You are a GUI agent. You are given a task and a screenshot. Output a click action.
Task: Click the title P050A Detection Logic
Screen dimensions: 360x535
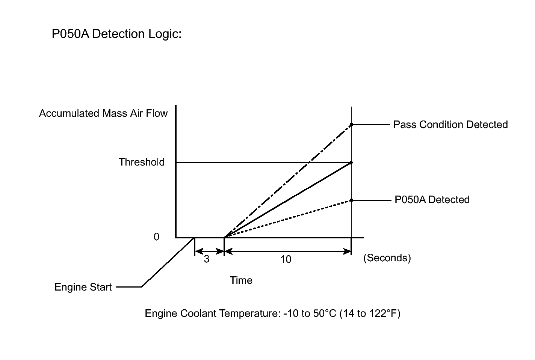point(116,34)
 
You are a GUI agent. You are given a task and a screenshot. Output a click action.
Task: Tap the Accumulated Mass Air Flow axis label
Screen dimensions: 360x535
point(103,113)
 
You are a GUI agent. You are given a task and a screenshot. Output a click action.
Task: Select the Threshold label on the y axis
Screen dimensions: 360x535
point(142,162)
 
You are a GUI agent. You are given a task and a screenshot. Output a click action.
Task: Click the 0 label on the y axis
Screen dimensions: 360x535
point(156,237)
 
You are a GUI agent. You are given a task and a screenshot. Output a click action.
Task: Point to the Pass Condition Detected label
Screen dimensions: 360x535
point(450,125)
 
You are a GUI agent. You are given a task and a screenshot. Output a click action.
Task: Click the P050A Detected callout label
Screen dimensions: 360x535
point(432,200)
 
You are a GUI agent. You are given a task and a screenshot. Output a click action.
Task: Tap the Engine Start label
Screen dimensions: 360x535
point(83,287)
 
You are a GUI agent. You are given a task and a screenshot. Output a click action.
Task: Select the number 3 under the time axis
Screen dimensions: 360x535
point(207,259)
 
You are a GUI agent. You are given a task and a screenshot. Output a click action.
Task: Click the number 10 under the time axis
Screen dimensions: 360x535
point(286,259)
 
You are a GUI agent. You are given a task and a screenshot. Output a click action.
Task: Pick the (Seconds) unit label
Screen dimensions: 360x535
point(387,258)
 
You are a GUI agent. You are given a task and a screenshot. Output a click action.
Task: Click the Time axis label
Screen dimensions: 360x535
point(241,280)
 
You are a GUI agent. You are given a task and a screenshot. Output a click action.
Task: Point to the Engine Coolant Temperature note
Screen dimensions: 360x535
point(272,313)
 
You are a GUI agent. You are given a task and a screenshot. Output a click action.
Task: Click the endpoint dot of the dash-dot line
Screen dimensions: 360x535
point(351,124)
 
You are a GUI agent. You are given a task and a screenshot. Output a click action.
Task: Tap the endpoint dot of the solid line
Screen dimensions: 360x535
point(351,163)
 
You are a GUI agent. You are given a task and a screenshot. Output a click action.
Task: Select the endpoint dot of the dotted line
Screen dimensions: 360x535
point(351,200)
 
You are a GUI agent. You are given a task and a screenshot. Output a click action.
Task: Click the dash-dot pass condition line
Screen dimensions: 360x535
point(288,181)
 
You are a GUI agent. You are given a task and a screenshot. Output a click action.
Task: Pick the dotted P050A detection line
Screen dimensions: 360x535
point(288,218)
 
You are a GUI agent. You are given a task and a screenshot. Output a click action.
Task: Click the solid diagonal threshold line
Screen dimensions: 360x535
point(288,200)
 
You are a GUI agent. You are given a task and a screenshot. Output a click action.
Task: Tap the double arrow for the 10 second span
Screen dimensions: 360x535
point(288,251)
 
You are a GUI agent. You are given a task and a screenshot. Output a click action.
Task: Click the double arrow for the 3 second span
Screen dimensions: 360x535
point(209,251)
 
